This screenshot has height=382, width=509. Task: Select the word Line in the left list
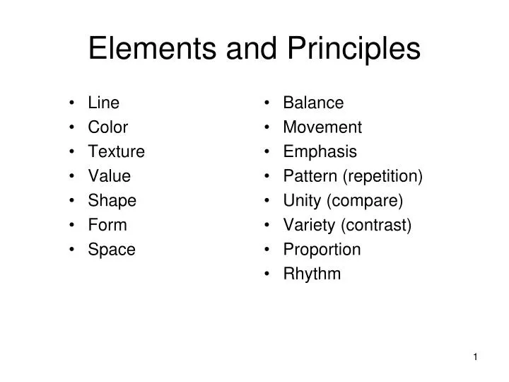coord(103,103)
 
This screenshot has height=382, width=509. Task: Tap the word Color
coord(107,127)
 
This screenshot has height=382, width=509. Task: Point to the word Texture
coord(116,151)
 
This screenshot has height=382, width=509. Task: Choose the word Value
coord(109,176)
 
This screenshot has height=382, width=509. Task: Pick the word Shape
coord(112,201)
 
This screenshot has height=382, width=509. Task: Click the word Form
coord(107,225)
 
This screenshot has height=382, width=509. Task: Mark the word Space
coord(111,250)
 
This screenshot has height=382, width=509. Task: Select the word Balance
coord(313,103)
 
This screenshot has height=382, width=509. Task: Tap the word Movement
coord(322,127)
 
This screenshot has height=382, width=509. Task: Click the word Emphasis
coord(320,151)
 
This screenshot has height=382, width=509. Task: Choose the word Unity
coord(303,201)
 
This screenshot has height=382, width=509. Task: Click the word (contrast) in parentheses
coord(376,225)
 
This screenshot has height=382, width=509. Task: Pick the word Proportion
coord(322,250)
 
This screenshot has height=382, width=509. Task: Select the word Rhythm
coord(312,274)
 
